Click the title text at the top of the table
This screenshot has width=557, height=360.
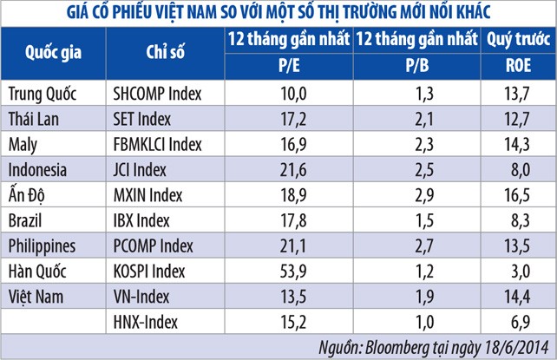(278, 11)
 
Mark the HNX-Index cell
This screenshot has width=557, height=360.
(146, 323)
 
